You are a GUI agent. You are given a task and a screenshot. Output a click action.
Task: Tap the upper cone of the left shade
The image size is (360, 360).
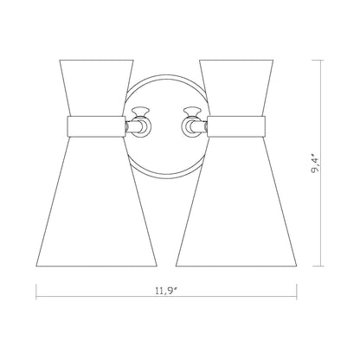coord(97,87)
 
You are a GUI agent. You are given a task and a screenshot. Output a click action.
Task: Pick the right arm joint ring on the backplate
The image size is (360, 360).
coord(191,128)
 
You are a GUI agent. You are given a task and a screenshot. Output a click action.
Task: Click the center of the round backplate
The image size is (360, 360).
coord(164,130)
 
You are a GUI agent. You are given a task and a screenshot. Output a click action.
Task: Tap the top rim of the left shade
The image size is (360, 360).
coord(97,60)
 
